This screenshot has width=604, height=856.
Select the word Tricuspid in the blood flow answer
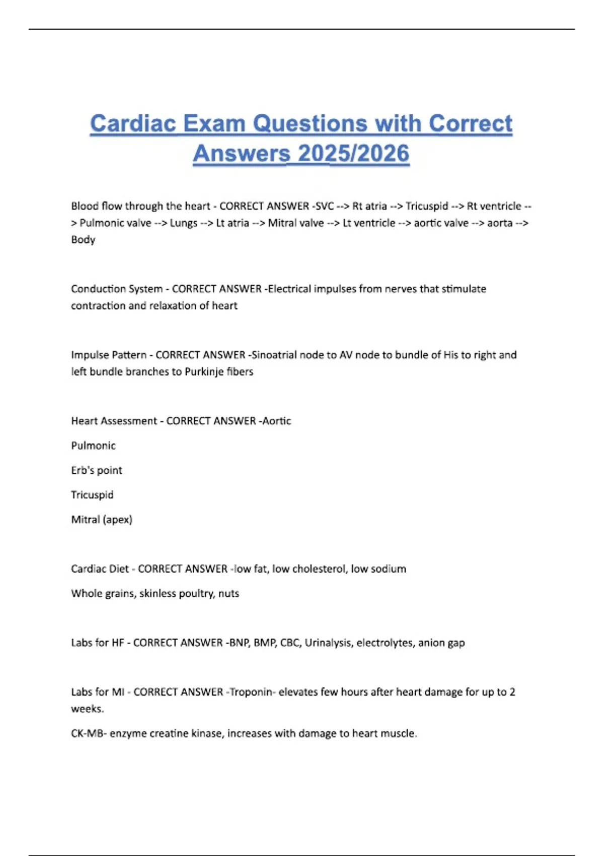[426, 206]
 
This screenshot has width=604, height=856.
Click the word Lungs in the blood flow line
[183, 223]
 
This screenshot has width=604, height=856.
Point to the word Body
[83, 240]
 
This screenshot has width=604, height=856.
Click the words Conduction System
[117, 289]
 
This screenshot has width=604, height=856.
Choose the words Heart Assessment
[114, 421]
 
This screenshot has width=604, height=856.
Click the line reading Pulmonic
[93, 446]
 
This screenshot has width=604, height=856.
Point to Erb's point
[97, 470]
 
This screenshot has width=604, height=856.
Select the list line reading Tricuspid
[92, 495]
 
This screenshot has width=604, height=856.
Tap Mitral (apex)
[102, 520]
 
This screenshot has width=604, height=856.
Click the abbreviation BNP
[239, 643]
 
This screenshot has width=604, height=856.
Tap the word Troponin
[251, 692]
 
